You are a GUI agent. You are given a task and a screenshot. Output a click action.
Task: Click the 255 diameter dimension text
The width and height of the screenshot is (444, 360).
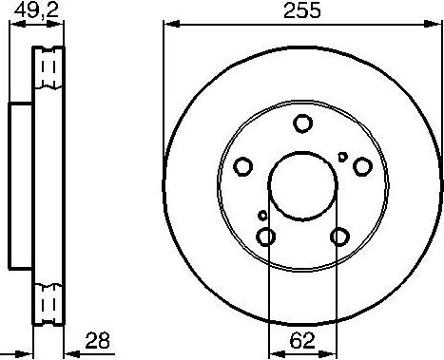[x=302, y=11]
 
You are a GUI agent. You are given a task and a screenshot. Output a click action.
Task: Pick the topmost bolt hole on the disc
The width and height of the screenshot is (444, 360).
[x=302, y=123]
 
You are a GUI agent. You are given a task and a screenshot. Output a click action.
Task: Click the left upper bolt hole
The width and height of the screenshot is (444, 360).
[x=244, y=167]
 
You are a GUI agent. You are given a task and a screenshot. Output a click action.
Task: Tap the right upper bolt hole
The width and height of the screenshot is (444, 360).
[x=361, y=167]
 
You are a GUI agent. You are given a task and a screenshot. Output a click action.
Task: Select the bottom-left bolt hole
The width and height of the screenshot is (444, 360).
[x=267, y=237]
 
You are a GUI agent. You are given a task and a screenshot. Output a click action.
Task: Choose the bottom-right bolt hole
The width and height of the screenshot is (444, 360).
[x=338, y=237]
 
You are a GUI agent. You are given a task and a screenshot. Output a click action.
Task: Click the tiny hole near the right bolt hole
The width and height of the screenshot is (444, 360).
[x=343, y=156]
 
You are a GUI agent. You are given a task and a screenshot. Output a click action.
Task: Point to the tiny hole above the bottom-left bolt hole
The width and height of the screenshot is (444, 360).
[x=261, y=217]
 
